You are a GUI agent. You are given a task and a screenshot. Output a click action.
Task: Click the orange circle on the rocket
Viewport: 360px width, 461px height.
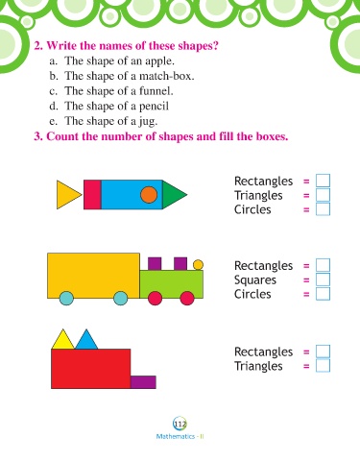[149, 195]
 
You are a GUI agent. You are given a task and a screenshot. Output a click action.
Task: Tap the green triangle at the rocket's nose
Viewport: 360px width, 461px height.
[172, 195]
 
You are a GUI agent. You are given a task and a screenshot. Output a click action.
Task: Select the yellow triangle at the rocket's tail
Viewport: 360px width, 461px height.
[66, 195]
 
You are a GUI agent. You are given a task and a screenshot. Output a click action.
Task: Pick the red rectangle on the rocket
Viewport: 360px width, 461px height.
[92, 195]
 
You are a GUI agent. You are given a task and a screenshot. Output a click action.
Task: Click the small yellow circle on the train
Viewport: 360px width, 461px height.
[198, 265]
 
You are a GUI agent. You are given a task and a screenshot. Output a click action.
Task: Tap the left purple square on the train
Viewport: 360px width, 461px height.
[155, 264]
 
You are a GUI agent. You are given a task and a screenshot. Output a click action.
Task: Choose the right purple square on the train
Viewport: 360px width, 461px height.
[180, 264]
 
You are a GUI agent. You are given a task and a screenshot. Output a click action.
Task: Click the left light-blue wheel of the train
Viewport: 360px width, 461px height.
[66, 298]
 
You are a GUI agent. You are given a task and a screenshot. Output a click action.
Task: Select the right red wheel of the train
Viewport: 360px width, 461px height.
[187, 298]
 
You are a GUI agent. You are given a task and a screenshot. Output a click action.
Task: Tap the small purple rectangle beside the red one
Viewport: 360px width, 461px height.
[143, 382]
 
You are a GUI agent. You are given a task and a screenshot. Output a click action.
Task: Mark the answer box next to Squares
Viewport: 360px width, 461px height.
[323, 279]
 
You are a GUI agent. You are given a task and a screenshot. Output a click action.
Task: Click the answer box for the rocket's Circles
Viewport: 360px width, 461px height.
[323, 209]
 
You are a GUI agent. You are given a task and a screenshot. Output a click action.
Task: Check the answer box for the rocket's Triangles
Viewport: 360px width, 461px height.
[323, 195]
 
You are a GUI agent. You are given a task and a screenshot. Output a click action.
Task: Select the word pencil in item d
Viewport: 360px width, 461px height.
[154, 107]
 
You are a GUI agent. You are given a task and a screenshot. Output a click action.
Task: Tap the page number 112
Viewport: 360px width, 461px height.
[180, 425]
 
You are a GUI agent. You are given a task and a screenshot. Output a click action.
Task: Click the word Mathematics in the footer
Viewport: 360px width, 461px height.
[176, 436]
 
